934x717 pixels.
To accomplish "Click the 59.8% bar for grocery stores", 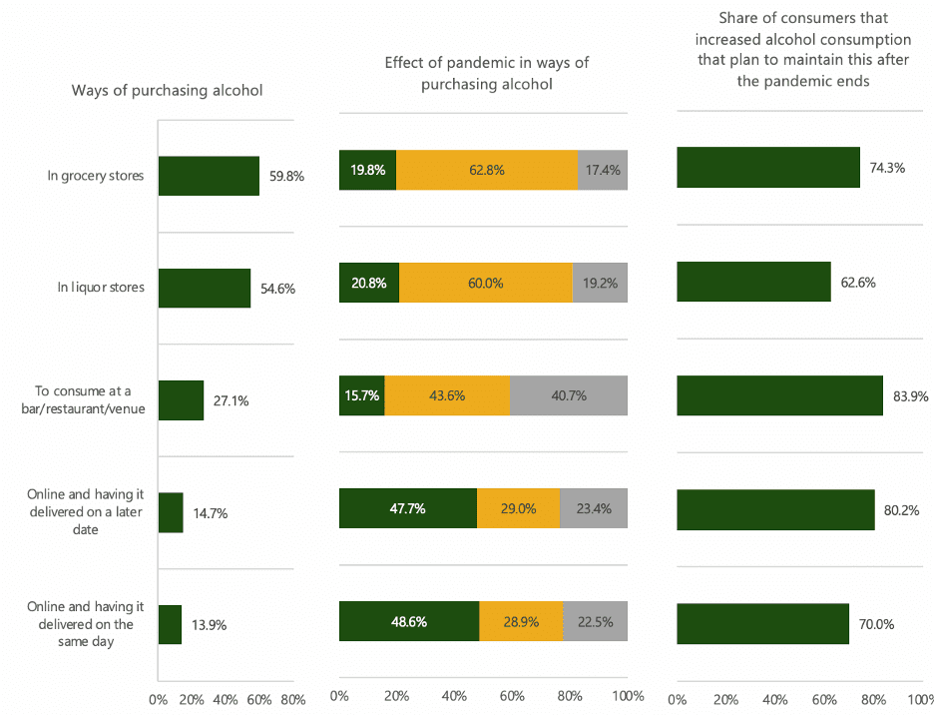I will pos(209,176).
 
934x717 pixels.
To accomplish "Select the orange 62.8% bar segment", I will pos(487,170).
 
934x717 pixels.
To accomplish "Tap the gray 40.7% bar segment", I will pos(569,395).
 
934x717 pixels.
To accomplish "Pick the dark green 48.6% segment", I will pos(409,621).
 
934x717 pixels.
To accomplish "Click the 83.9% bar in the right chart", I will pos(779,395).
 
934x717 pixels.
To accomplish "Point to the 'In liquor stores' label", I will pos(101,288).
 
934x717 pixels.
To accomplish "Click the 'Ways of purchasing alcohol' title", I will pos(167,90).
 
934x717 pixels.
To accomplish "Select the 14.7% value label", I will pos(211,513).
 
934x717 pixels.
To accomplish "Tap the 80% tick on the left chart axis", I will pos(292,698).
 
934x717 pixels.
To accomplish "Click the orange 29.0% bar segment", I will pos(518,508).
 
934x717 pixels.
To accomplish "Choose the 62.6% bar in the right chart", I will pos(753,282).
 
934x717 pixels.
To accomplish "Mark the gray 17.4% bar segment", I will pos(603,170).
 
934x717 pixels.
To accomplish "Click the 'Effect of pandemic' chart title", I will pos(487,74).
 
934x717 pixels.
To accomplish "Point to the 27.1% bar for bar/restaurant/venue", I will pos(181,400).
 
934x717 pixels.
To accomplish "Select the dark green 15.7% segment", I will pos(361,395).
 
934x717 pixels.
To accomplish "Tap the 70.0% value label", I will pos(875,625).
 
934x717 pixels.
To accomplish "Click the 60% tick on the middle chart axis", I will pos(512,695).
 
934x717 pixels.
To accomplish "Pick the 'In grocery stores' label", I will pos(96,176).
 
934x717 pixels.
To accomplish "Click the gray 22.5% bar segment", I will pos(595,621).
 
